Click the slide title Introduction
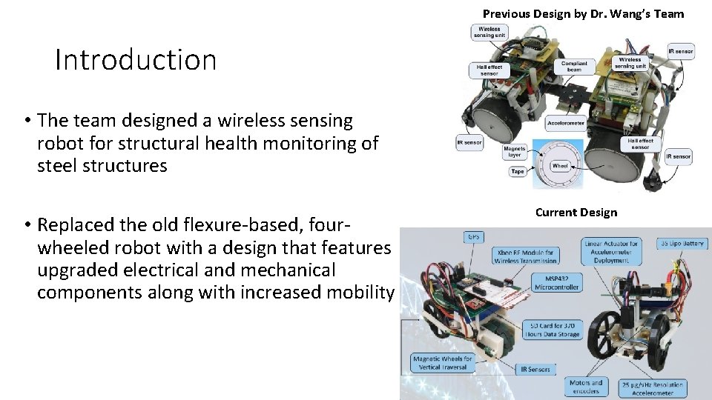click(x=136, y=60)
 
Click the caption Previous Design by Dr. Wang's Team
click(x=583, y=13)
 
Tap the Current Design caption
click(x=576, y=213)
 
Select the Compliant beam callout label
click(x=574, y=67)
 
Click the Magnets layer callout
click(x=514, y=152)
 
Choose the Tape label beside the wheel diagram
click(x=518, y=171)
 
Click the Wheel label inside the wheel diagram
click(x=560, y=166)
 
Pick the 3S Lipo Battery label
click(x=682, y=244)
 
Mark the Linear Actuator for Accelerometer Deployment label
click(x=611, y=249)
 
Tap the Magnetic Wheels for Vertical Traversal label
click(x=443, y=363)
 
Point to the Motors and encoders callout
click(x=586, y=387)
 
